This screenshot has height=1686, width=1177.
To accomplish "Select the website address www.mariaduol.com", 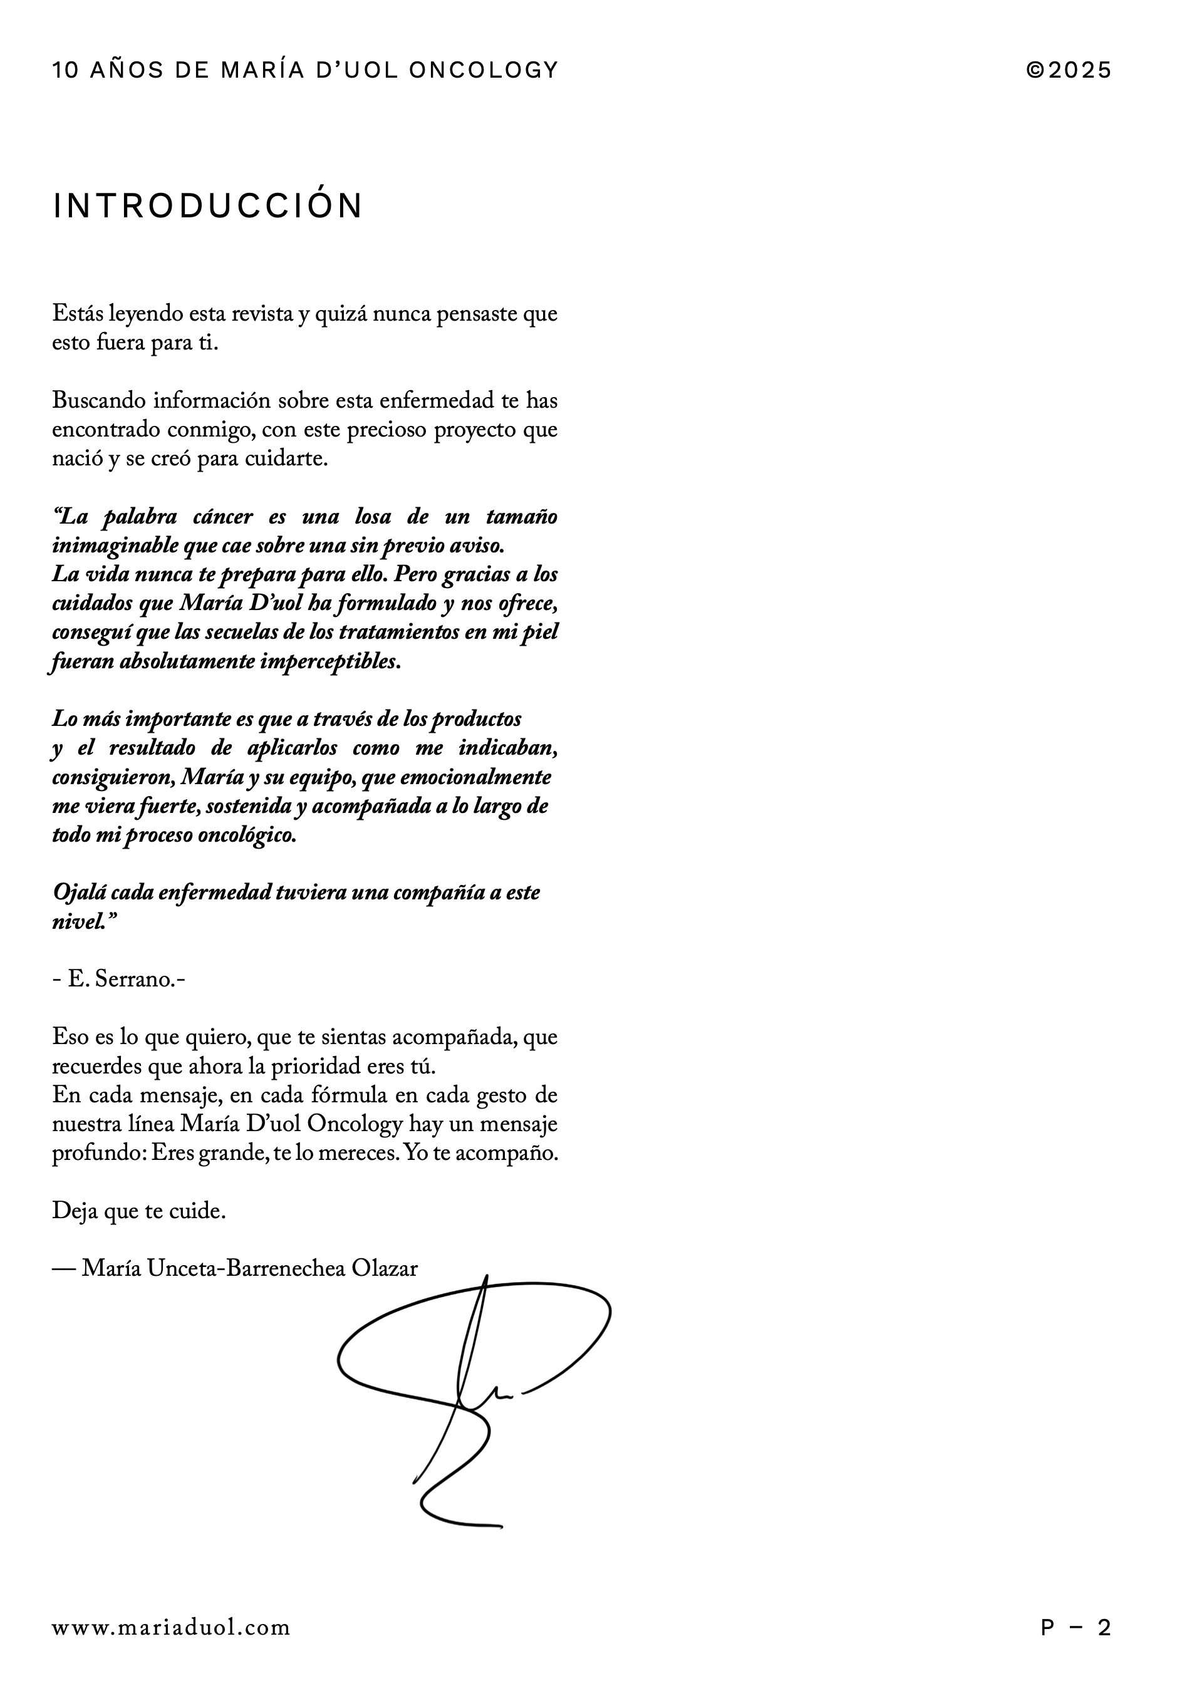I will tap(171, 1627).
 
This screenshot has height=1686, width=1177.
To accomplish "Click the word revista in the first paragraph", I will tap(261, 314).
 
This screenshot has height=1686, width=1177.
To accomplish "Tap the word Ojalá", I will tap(78, 893).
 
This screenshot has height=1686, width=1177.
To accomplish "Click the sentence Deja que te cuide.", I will tap(139, 1211).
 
